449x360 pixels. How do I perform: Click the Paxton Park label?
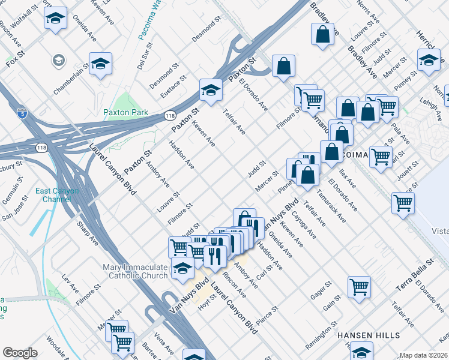[x=125, y=112]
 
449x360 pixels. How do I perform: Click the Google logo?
[x=20, y=353]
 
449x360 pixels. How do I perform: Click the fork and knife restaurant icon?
[x=214, y=255]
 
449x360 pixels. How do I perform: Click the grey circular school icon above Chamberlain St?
[x=58, y=59]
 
